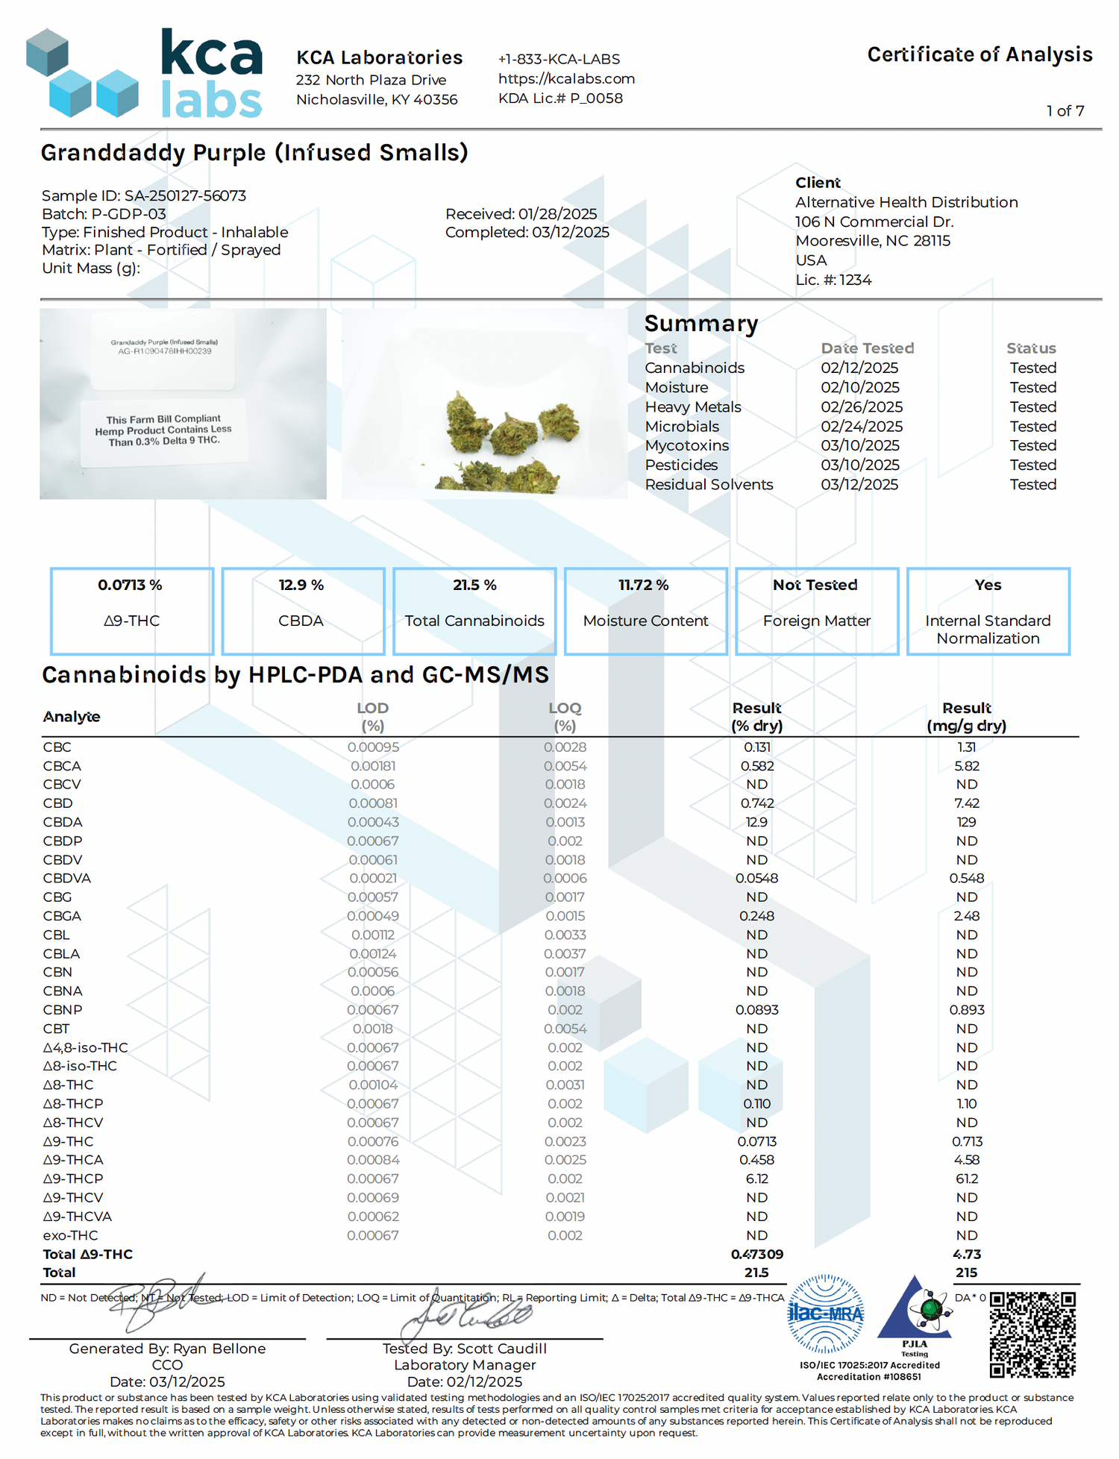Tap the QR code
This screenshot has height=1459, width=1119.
pyautogui.click(x=1032, y=1334)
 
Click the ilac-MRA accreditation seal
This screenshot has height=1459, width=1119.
pyautogui.click(x=825, y=1314)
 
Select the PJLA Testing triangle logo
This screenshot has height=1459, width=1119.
pyautogui.click(x=915, y=1311)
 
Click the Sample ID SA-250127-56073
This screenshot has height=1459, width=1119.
pyautogui.click(x=144, y=195)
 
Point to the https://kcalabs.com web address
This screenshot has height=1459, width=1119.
pyautogui.click(x=566, y=78)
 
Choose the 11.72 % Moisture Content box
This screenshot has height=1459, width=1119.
pyautogui.click(x=645, y=611)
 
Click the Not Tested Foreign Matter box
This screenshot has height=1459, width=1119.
pyautogui.click(x=816, y=611)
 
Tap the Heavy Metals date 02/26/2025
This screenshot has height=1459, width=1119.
pyautogui.click(x=862, y=407)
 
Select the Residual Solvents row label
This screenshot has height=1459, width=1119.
pyautogui.click(x=709, y=484)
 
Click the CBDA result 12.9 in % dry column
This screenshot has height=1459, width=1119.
pyautogui.click(x=756, y=822)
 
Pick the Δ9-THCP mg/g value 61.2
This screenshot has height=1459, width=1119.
pyautogui.click(x=966, y=1179)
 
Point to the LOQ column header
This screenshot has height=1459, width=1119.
pyautogui.click(x=565, y=716)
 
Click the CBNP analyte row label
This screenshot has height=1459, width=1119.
pyautogui.click(x=63, y=1009)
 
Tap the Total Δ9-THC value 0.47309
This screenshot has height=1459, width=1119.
pyautogui.click(x=756, y=1254)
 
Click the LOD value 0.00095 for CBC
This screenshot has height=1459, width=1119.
pyautogui.click(x=373, y=747)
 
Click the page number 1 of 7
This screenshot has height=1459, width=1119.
pyautogui.click(x=1065, y=111)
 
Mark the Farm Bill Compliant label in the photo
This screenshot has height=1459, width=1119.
pyautogui.click(x=163, y=430)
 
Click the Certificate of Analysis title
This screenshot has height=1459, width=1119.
pyautogui.click(x=979, y=54)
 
